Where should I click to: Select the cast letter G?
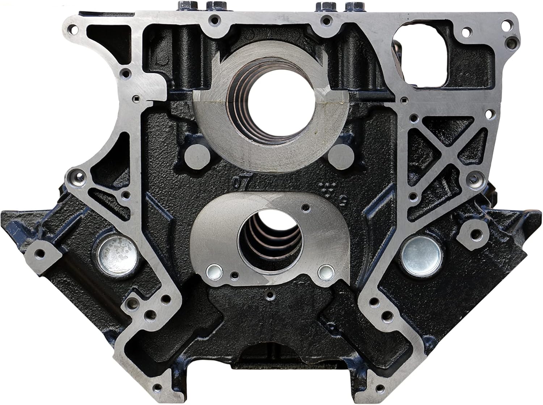click(343, 199)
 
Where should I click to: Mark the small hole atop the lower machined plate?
click(307, 207)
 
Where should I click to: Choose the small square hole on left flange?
click(135, 98)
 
